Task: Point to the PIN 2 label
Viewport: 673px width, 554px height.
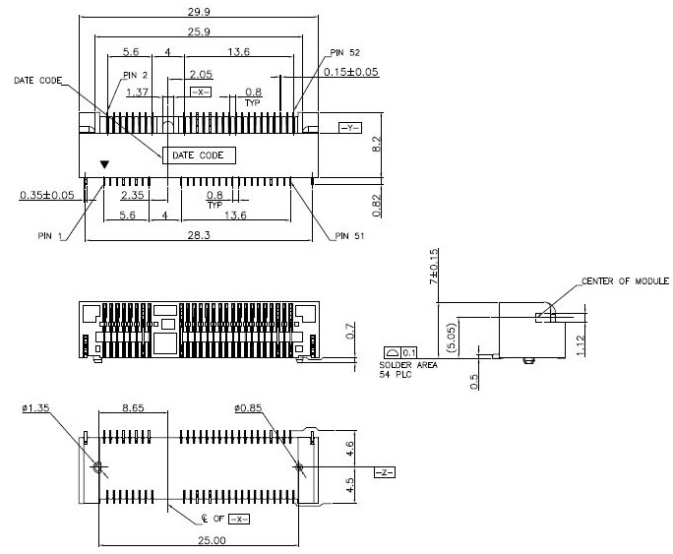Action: click(136, 74)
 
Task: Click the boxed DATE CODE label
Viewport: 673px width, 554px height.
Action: click(198, 154)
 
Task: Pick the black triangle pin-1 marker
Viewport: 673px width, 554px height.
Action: click(104, 165)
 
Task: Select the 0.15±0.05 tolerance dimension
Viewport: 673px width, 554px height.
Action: click(351, 72)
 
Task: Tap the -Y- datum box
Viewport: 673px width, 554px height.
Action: click(350, 129)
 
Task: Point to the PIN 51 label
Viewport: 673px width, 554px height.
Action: click(349, 236)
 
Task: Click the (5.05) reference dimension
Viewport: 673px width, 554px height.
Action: click(452, 336)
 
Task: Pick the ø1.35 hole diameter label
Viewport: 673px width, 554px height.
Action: click(34, 405)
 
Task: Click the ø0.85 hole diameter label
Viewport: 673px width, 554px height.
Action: click(250, 405)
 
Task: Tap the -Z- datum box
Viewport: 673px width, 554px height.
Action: click(384, 473)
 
